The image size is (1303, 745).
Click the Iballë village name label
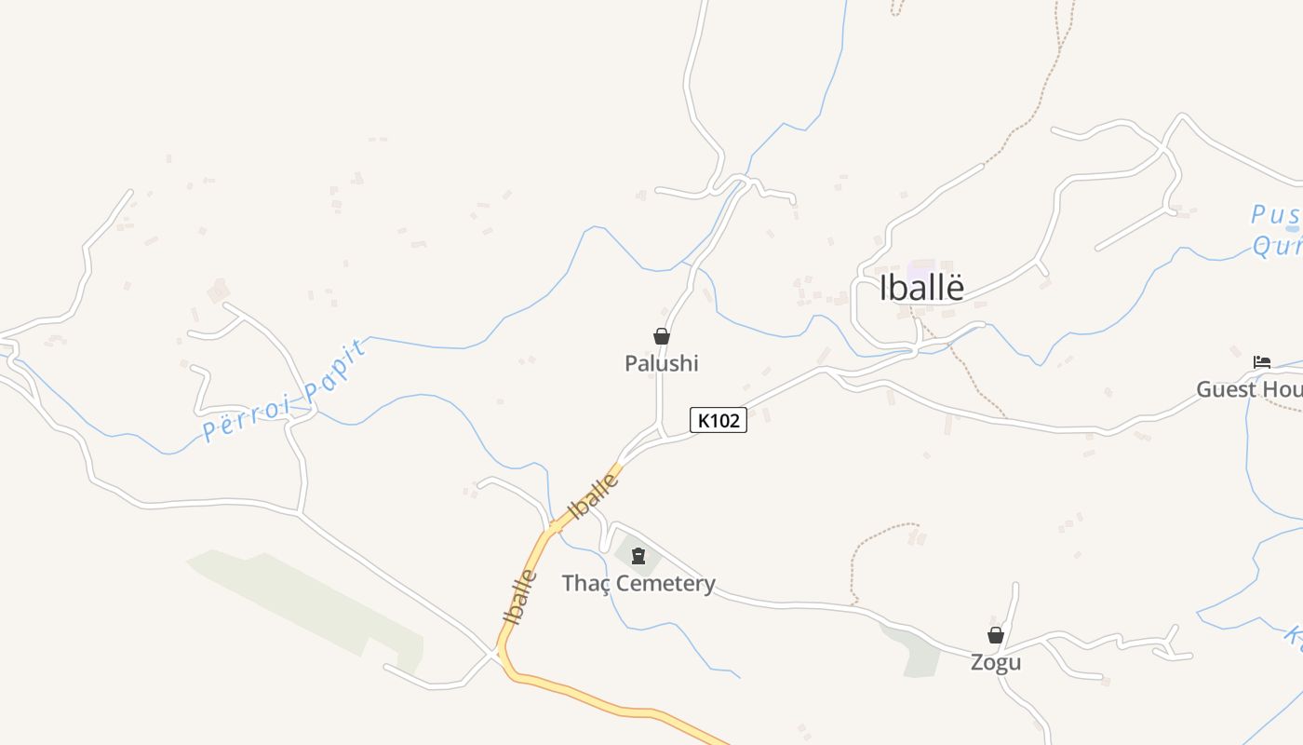(x=921, y=288)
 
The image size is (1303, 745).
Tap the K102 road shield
(x=718, y=420)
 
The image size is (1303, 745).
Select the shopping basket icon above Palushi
(x=662, y=336)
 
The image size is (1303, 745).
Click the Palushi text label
(x=661, y=363)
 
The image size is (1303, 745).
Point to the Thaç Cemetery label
(x=638, y=584)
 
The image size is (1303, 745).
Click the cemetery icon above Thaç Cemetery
(x=638, y=557)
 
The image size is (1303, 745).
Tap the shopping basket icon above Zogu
(x=996, y=635)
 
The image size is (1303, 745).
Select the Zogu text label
(x=996, y=662)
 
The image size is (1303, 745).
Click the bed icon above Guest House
(x=1262, y=361)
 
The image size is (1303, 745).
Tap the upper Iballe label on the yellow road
(x=593, y=495)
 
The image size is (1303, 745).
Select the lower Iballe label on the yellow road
(x=519, y=596)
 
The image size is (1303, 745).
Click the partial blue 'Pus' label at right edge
(x=1273, y=215)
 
